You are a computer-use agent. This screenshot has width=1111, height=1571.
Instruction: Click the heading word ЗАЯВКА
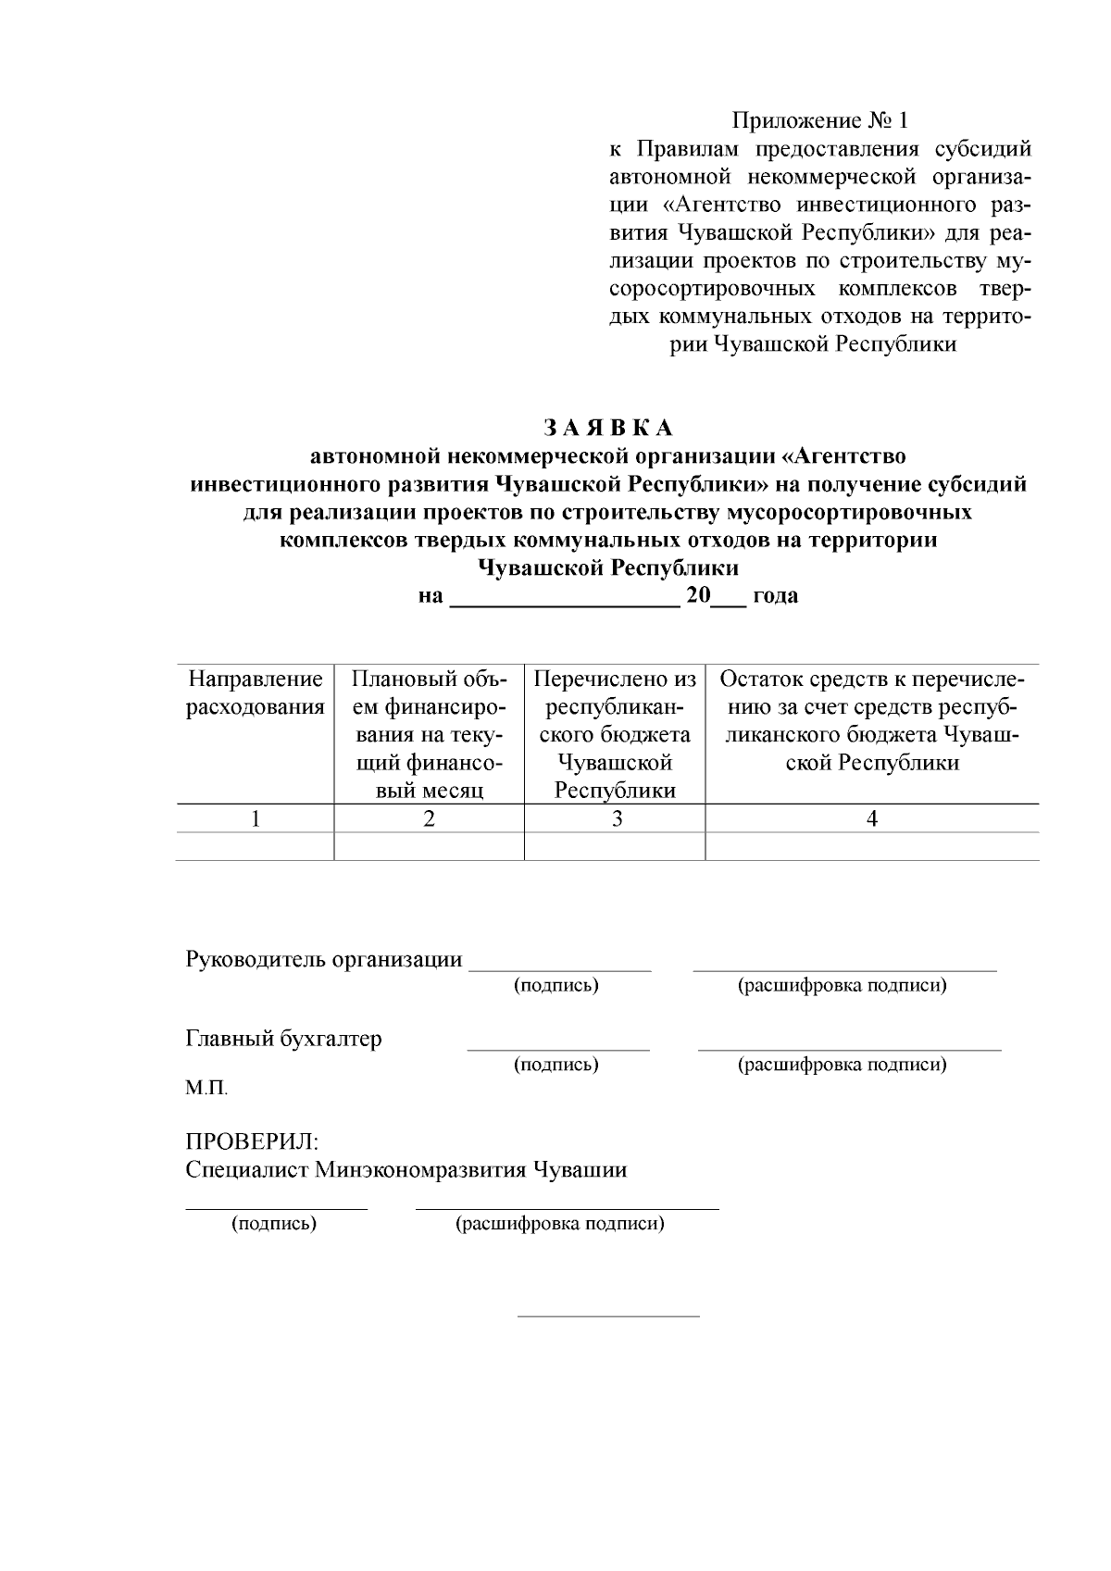(x=607, y=428)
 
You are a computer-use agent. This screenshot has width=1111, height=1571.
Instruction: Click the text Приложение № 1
(x=820, y=120)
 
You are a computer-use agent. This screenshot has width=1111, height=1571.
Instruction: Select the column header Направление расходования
(x=256, y=693)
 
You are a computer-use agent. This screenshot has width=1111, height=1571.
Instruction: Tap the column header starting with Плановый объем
(x=429, y=734)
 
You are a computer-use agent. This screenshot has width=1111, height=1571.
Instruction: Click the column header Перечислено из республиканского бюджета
(x=615, y=734)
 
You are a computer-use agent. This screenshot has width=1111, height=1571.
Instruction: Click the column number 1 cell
(x=256, y=818)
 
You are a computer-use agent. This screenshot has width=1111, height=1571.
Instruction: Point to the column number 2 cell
(x=429, y=818)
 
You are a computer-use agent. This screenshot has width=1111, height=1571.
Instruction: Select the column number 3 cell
(x=615, y=818)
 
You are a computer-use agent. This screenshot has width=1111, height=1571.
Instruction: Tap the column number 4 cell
(x=871, y=818)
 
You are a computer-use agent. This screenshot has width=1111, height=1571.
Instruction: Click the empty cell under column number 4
(x=871, y=846)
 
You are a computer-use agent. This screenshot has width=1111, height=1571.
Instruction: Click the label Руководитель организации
(x=324, y=959)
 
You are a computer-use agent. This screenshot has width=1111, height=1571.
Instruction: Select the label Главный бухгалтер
(x=284, y=1039)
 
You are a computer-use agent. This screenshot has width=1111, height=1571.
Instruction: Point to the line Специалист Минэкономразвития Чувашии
(x=406, y=1169)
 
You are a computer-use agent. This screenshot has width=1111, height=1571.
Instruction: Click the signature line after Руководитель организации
(x=560, y=967)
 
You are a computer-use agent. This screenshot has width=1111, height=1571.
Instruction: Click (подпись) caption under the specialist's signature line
(x=274, y=1224)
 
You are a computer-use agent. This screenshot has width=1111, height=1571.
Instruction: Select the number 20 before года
(x=697, y=595)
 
